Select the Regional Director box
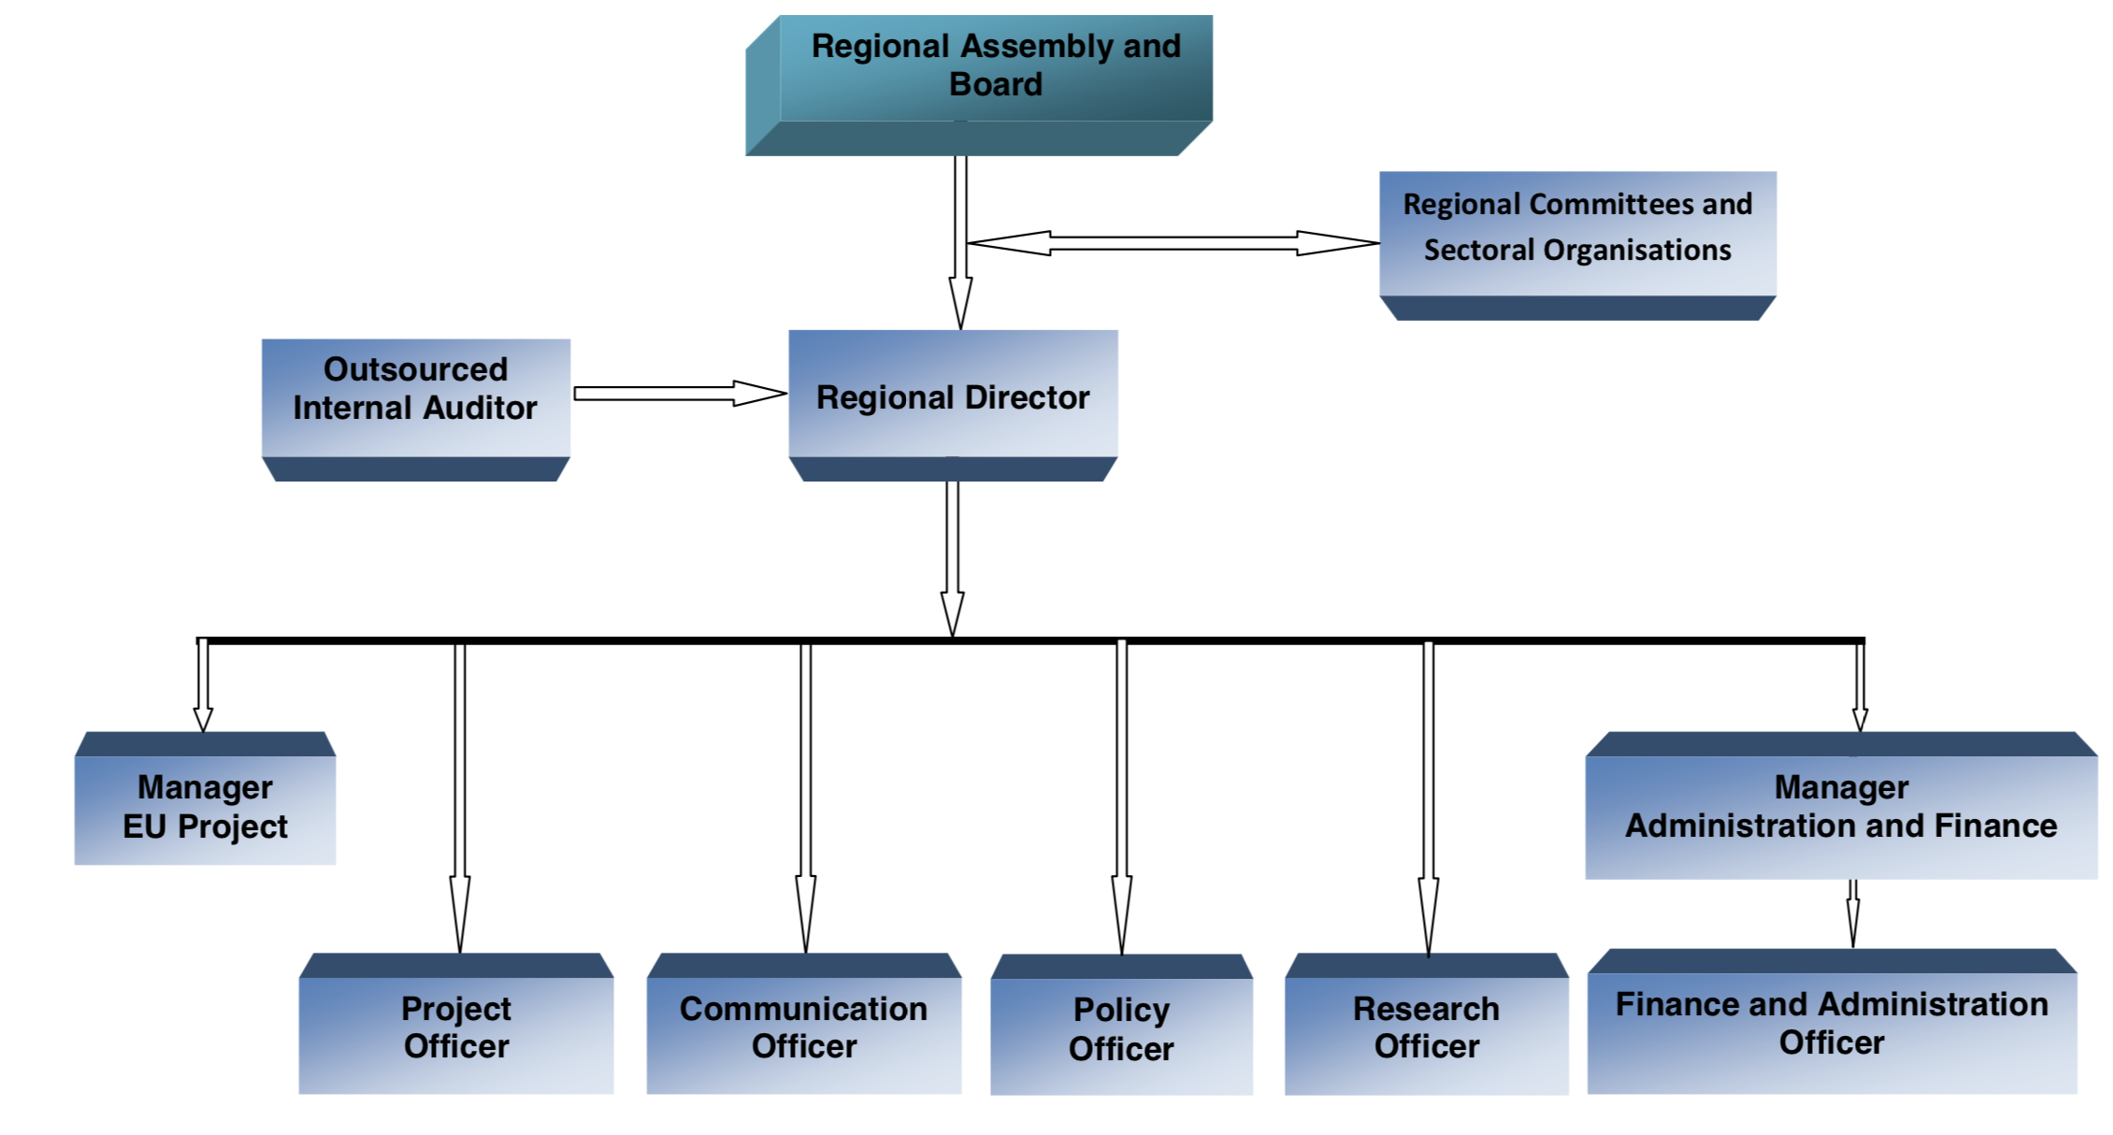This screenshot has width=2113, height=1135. point(953,396)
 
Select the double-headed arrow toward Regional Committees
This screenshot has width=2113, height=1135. point(1172,243)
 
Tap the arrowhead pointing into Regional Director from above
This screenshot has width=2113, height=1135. point(960,304)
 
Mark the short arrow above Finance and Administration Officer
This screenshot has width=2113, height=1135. point(1852,913)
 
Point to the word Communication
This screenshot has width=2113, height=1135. point(803,1009)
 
